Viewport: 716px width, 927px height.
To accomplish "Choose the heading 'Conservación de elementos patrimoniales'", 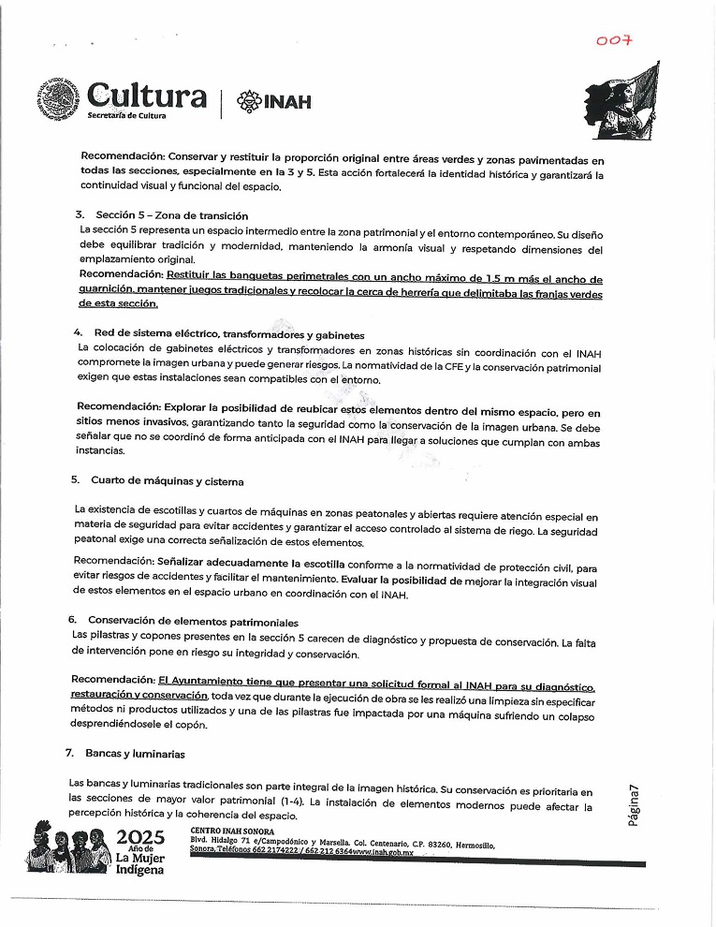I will (193, 622).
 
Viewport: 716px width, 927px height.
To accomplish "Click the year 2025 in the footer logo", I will (139, 836).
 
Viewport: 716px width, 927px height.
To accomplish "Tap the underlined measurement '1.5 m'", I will (504, 279).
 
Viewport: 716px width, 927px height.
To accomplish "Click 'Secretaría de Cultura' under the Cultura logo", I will (126, 115).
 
